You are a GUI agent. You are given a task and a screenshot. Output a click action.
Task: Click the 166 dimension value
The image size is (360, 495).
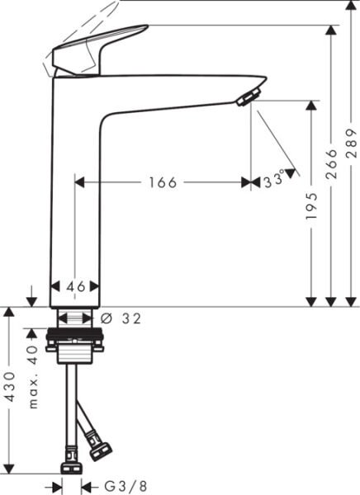(163, 183)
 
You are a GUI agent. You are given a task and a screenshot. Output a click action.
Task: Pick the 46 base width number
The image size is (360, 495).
(77, 286)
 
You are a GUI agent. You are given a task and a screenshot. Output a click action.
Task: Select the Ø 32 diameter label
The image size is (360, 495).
(121, 318)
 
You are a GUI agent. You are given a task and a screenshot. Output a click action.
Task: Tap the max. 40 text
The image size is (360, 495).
(33, 378)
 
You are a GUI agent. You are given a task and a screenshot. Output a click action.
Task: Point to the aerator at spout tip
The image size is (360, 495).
(246, 100)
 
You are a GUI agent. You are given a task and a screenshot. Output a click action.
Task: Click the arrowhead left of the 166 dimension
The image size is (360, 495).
(80, 183)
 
